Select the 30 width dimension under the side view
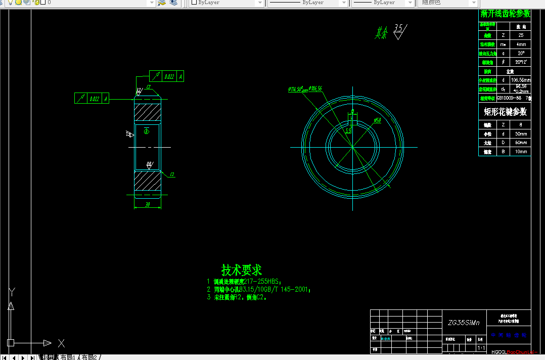(x=147, y=205)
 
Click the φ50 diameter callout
(x=377, y=120)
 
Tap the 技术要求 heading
(x=242, y=269)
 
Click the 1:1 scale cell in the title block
(x=481, y=348)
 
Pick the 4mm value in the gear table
(x=521, y=44)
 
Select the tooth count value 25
(x=521, y=35)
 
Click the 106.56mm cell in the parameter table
(x=521, y=79)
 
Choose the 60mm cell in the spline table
(x=521, y=143)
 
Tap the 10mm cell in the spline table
(x=521, y=151)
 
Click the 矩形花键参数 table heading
(x=505, y=111)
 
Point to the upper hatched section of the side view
(x=147, y=110)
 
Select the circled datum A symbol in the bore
(x=147, y=131)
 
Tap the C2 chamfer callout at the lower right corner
(x=172, y=174)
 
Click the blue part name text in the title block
(x=509, y=335)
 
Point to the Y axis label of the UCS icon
(x=12, y=291)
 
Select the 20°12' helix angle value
(x=521, y=62)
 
